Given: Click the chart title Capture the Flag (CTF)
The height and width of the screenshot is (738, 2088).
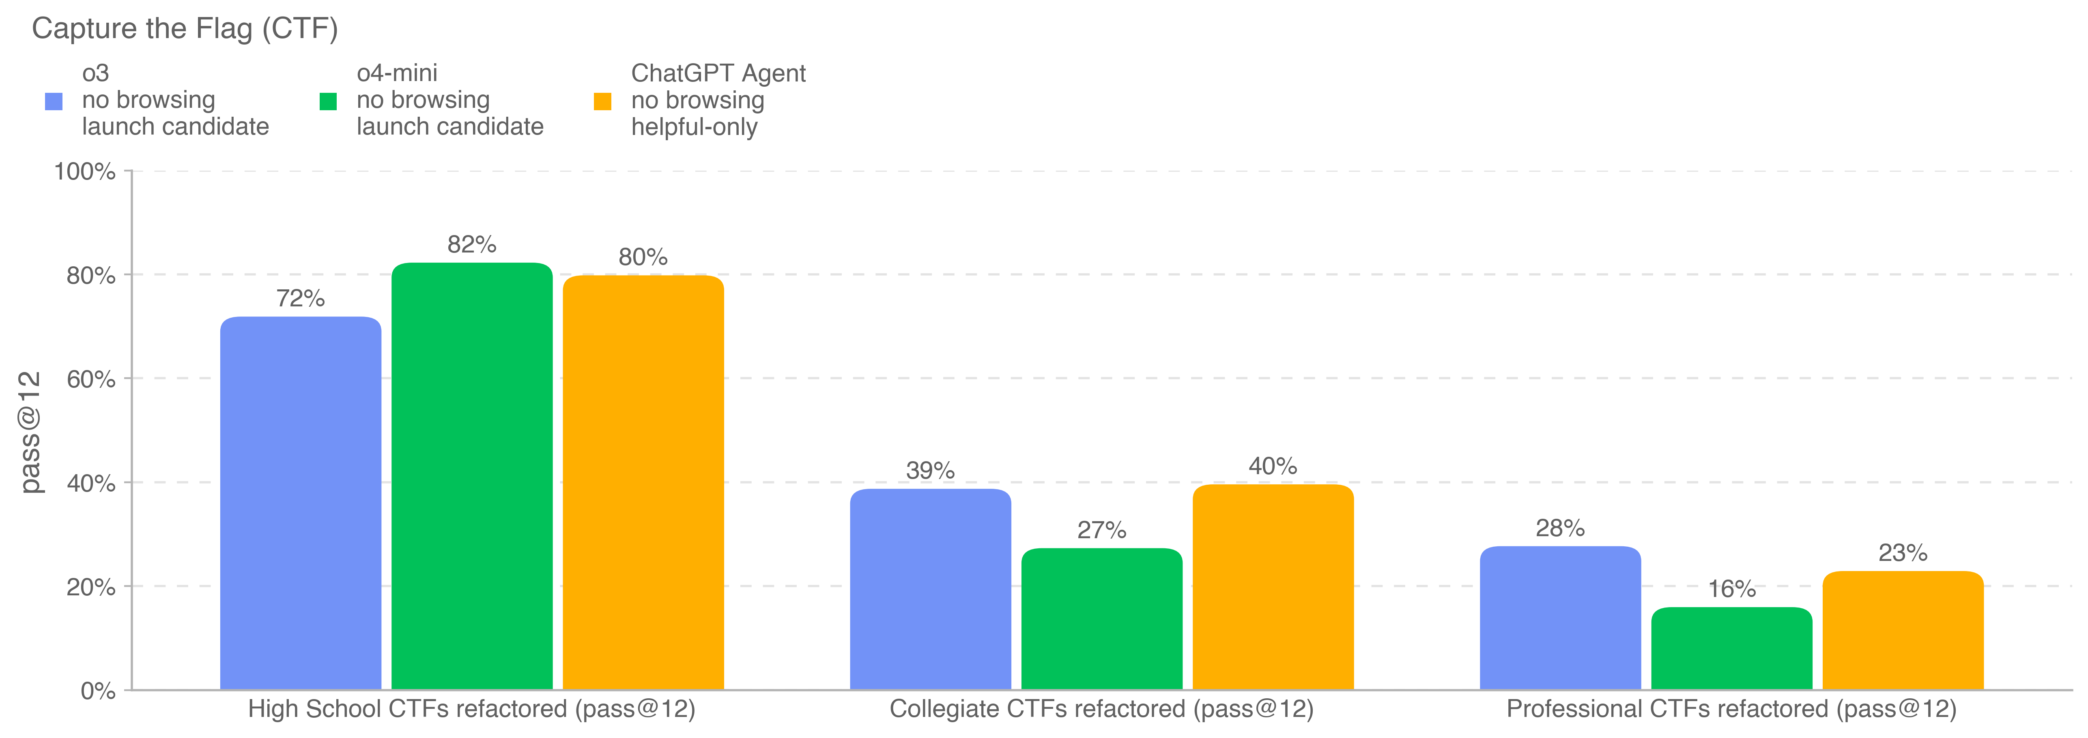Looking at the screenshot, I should pos(185,29).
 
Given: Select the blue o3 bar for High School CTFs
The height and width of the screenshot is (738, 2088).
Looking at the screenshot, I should pos(301,502).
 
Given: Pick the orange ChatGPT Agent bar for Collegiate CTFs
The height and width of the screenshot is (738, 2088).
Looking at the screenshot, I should pos(1273,587).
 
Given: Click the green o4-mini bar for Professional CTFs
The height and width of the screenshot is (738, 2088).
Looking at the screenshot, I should pos(1731,648).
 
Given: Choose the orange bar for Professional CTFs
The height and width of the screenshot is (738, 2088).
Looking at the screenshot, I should pos(1902,630).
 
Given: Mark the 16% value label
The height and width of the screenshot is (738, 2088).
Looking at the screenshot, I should pos(1731,589).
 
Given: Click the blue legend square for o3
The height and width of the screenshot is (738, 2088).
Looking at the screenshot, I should pos(54,101).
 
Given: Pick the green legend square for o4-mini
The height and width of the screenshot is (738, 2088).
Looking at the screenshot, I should pos(328,101).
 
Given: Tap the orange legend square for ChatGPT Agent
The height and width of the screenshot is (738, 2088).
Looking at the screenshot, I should pos(602,101).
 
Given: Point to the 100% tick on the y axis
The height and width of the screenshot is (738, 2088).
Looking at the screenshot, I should pos(84,172).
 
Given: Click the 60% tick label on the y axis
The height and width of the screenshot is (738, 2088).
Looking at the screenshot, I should pos(91,379).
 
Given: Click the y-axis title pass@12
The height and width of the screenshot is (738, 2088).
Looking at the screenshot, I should pos(30,432).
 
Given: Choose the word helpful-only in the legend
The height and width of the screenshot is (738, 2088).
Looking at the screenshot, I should pos(694,127).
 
